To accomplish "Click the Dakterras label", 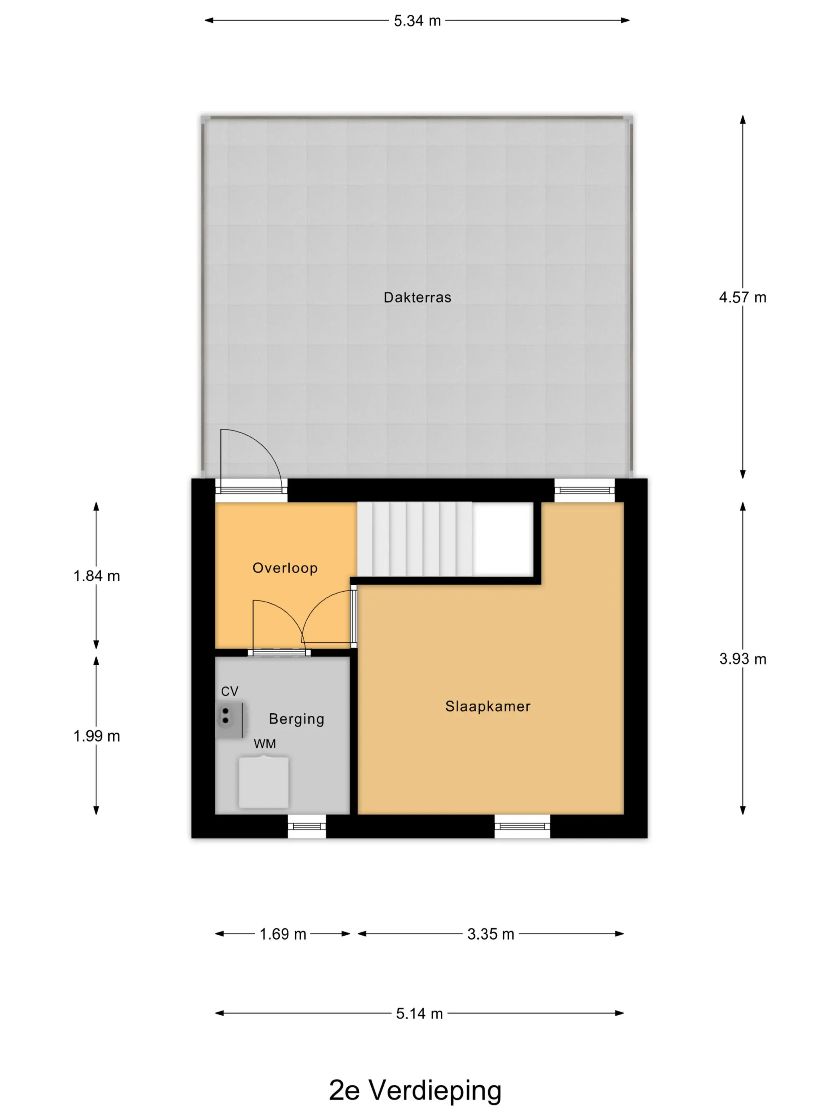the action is pyautogui.click(x=417, y=297).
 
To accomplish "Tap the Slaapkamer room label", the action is pyautogui.click(x=488, y=706).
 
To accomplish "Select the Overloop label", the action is pyautogui.click(x=285, y=568).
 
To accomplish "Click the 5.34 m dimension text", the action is pyautogui.click(x=417, y=21).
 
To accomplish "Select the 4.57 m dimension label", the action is pyautogui.click(x=742, y=297).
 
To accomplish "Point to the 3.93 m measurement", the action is pyautogui.click(x=742, y=659).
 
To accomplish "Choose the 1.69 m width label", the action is pyautogui.click(x=282, y=934).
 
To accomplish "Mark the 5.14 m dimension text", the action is pyautogui.click(x=419, y=1014).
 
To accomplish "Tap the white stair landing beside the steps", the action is pyautogui.click(x=503, y=539).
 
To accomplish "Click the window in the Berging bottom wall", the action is pyautogui.click(x=307, y=826).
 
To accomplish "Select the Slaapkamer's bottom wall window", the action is pyautogui.click(x=522, y=826).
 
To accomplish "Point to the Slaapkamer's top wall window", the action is pyautogui.click(x=584, y=490).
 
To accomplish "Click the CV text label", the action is pyautogui.click(x=229, y=691).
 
